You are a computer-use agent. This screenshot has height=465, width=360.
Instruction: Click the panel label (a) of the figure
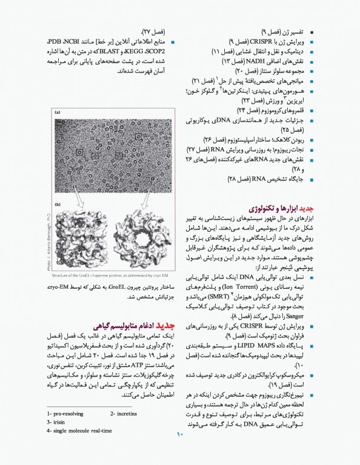[58, 112]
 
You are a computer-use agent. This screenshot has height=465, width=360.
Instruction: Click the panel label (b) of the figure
[58, 205]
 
